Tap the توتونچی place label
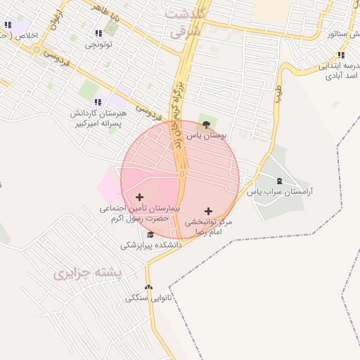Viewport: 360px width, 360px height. pos(98,44)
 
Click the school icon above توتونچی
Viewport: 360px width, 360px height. pos(98,33)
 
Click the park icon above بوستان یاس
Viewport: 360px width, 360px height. pos(205,124)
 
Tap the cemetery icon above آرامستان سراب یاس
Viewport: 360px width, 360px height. pos(280,181)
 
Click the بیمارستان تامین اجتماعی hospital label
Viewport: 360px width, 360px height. pos(139,214)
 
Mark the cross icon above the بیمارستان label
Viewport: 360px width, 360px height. pos(139,198)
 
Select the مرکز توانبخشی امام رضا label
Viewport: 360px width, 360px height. pos(207,226)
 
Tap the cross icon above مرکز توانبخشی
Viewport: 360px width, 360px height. pos(207,211)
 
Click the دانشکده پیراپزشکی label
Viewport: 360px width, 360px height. pos(150,245)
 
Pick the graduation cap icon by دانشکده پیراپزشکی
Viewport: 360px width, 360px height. pos(150,235)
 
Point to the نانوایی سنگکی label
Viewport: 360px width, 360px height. pos(148,298)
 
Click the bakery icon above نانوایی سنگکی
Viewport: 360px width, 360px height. pos(148,287)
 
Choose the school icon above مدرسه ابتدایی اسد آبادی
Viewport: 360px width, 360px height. pos(341,55)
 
